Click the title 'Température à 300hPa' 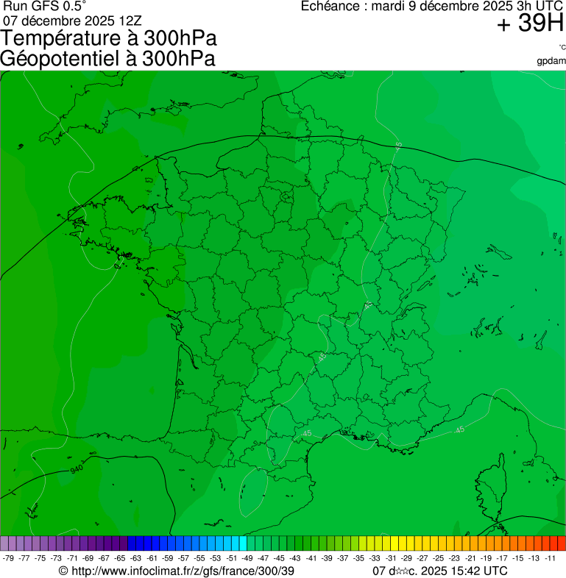[109, 39]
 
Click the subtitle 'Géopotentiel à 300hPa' [107, 59]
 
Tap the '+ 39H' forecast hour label [530, 24]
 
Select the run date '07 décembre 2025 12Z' [72, 20]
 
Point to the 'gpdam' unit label [551, 61]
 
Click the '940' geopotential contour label [76, 468]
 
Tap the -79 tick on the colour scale [8, 558]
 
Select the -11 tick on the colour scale [551, 558]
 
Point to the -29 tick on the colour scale [405, 558]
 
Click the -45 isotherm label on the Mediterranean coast [305, 435]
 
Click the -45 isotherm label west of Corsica [459, 429]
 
